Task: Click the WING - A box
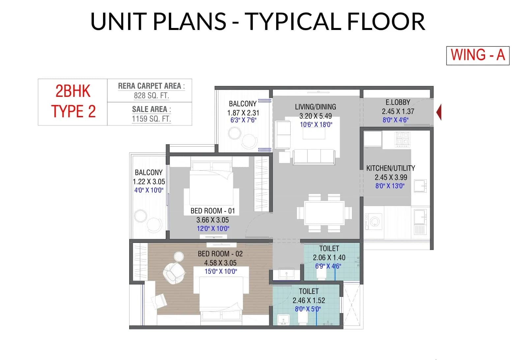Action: point(477,55)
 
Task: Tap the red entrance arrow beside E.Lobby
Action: point(439,112)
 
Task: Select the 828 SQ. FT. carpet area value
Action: point(151,96)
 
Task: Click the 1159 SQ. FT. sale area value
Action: point(151,119)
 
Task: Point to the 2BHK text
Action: point(73,91)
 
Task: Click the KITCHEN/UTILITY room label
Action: point(390,168)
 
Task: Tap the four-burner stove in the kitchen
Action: point(402,139)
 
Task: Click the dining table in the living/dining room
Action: point(325,212)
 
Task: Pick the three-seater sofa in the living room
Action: point(314,156)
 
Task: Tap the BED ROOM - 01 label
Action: point(213,211)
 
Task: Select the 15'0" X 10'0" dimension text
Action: point(220,271)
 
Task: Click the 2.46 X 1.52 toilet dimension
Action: point(308,300)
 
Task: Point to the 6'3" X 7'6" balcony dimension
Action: point(243,120)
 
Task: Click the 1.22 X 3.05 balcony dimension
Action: point(149,181)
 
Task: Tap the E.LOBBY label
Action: point(398,102)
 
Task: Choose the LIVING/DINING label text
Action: point(315,107)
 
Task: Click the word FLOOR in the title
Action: point(386,21)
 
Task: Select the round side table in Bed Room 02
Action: point(179,257)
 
